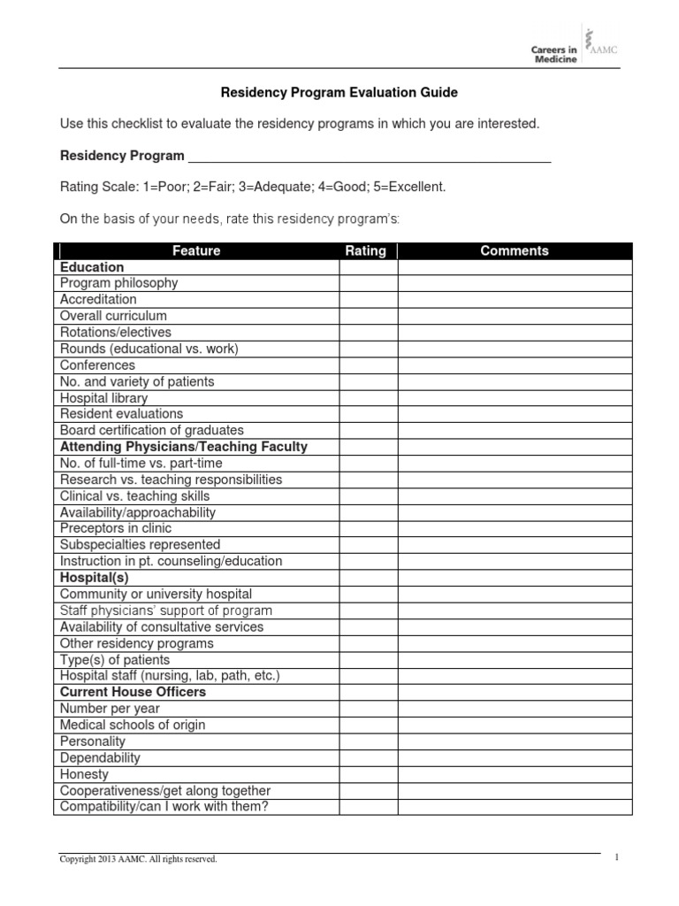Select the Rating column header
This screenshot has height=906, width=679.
click(x=365, y=251)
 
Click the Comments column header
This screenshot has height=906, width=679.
click(x=514, y=251)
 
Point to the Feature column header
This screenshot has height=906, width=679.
click(x=196, y=251)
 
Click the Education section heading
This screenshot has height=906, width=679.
click(x=92, y=267)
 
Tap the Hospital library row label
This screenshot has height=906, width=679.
click(x=103, y=398)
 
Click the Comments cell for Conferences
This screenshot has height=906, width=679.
click(x=515, y=365)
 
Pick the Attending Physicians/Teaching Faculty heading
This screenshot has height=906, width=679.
click(x=183, y=447)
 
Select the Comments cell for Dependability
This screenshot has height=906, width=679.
click(x=515, y=758)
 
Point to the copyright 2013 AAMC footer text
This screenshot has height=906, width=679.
click(x=138, y=859)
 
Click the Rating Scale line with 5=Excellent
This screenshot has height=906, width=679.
click(x=253, y=188)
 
